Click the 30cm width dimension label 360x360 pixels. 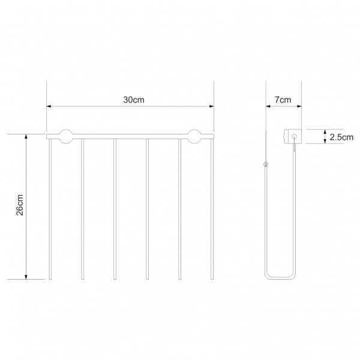coord(134,100)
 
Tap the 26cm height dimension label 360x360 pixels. coord(20,205)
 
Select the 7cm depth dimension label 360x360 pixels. coord(283,100)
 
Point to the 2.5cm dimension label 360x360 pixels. coord(341,137)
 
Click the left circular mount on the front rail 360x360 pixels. coord(66,136)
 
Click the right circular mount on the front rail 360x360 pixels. coord(194,136)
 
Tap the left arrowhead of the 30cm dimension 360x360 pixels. coord(49,106)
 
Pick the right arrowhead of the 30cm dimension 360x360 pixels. coord(212,106)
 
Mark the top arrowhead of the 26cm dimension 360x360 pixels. coord(26,136)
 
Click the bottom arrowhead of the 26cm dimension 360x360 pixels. coord(26,277)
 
